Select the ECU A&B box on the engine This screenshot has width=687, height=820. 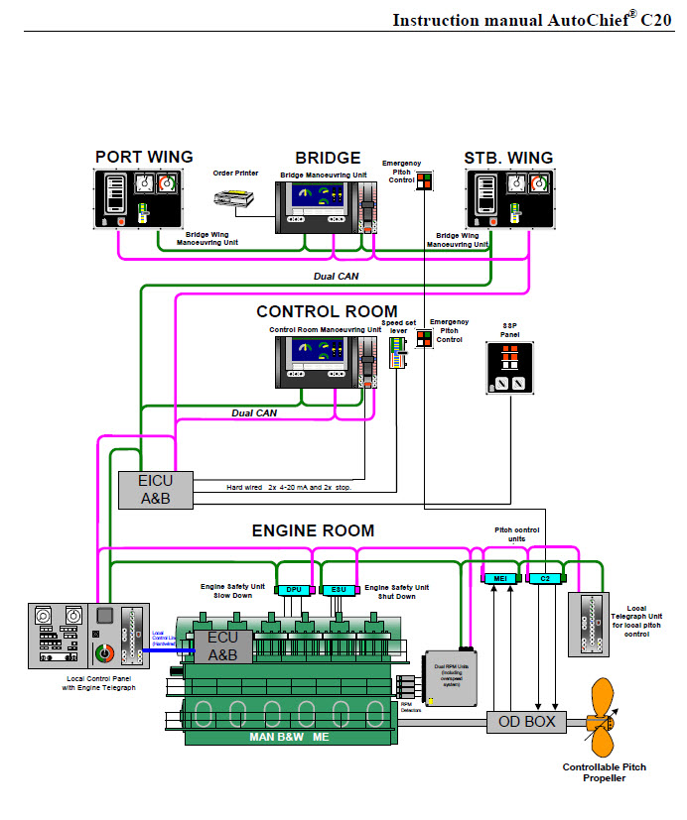click(x=222, y=646)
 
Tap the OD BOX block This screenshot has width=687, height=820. click(x=526, y=721)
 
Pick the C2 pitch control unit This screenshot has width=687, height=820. click(x=544, y=577)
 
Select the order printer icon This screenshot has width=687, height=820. click(x=237, y=198)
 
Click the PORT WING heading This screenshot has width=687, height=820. click(x=144, y=157)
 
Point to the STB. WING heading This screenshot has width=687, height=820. click(x=508, y=157)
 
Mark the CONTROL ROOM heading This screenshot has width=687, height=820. click(x=327, y=311)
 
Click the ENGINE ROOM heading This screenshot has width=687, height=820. click(x=313, y=530)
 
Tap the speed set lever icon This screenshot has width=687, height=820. click(x=398, y=351)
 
